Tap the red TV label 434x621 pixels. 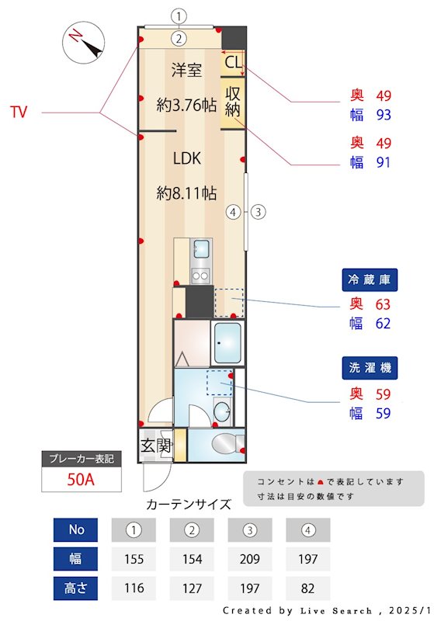[x=19, y=113]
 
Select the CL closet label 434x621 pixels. [x=232, y=61]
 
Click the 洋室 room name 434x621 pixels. [x=186, y=71]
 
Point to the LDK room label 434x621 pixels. [x=186, y=158]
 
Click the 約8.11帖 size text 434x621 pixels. [x=186, y=193]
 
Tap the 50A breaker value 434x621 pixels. [x=80, y=479]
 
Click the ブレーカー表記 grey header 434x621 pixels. [x=80, y=459]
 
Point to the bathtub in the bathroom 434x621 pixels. [x=227, y=342]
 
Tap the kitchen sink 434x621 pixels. [x=201, y=249]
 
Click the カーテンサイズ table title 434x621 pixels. [x=189, y=504]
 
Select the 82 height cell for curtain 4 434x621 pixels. [x=307, y=587]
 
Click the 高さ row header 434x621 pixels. [x=76, y=587]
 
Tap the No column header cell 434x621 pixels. [x=76, y=529]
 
